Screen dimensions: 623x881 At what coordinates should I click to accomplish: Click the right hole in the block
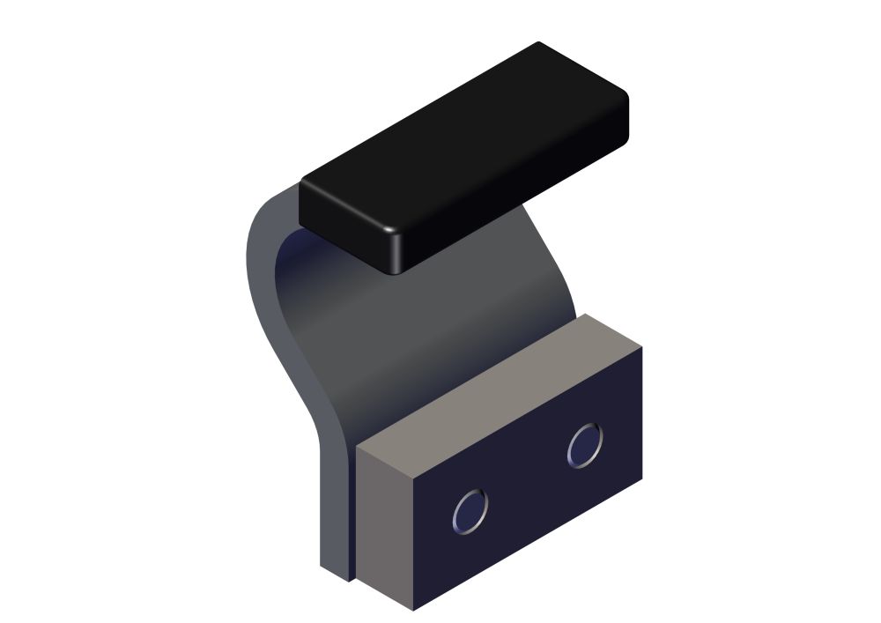585,445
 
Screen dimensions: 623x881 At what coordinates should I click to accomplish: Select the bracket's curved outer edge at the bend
264,291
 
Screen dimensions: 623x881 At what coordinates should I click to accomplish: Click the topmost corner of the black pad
538,43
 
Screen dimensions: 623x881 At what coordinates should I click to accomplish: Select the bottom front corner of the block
412,609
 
